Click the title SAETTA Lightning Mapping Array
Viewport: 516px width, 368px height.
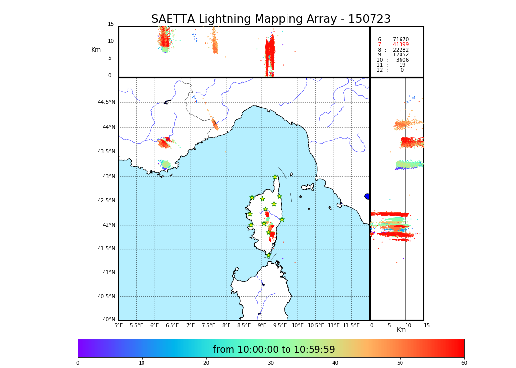[271, 19]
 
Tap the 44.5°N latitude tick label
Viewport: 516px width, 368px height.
[106, 102]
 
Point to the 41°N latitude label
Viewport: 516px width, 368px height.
[108, 273]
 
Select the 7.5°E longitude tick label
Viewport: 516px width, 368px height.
[209, 325]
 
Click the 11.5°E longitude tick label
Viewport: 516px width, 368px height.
[351, 325]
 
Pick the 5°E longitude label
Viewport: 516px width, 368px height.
[119, 325]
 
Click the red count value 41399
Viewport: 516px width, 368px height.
[401, 45]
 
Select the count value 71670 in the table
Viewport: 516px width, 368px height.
[401, 40]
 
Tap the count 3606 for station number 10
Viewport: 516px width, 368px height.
[402, 60]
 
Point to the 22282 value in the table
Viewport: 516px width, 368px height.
[401, 50]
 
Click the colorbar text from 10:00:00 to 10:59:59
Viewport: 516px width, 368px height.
[274, 350]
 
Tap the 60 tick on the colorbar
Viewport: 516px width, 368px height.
[464, 363]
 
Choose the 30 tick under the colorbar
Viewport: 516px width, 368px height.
[271, 363]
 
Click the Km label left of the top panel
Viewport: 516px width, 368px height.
[96, 50]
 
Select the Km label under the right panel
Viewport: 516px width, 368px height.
[401, 330]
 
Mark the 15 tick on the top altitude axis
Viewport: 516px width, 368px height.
[111, 24]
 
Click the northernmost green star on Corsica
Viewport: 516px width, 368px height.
[275, 177]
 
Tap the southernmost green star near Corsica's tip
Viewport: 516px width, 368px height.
[268, 255]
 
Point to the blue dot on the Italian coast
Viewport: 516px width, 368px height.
[367, 196]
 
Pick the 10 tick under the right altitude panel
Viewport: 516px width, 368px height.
[408, 325]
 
